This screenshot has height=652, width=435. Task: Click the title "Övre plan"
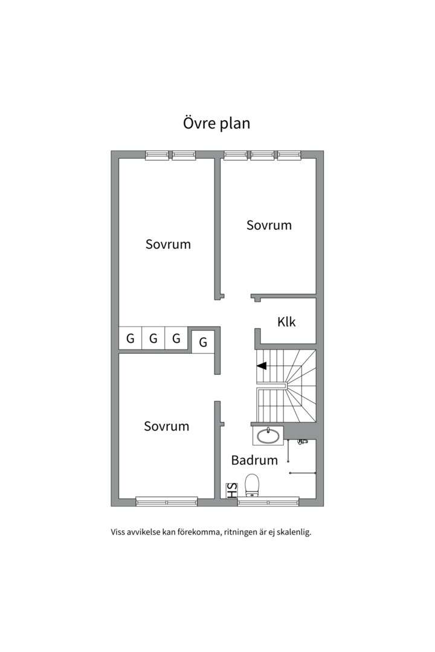point(216,123)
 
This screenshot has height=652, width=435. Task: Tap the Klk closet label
point(286,321)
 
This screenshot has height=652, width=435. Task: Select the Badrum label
point(254,460)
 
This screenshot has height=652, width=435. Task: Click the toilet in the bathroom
point(252,485)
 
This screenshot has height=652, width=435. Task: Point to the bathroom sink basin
point(268,436)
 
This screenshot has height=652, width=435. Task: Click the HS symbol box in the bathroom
point(231,490)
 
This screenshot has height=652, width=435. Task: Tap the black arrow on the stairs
point(262,366)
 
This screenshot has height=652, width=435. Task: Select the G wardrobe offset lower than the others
point(203,342)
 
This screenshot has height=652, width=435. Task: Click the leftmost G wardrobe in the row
point(130,338)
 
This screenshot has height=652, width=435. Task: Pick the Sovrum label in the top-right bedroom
point(269,225)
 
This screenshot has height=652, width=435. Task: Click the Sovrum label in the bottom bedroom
point(167,426)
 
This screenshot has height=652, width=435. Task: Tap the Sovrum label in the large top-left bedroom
point(168,244)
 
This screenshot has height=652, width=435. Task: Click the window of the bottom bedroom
point(167,502)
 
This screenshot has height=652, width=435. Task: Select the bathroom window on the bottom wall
point(268,502)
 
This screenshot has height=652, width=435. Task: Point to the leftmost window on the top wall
point(157,155)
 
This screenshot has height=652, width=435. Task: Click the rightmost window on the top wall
point(289,155)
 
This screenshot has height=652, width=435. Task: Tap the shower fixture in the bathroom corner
point(301,441)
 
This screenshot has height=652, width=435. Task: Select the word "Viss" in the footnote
point(118,532)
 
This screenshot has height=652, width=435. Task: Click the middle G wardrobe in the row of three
point(153,338)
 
